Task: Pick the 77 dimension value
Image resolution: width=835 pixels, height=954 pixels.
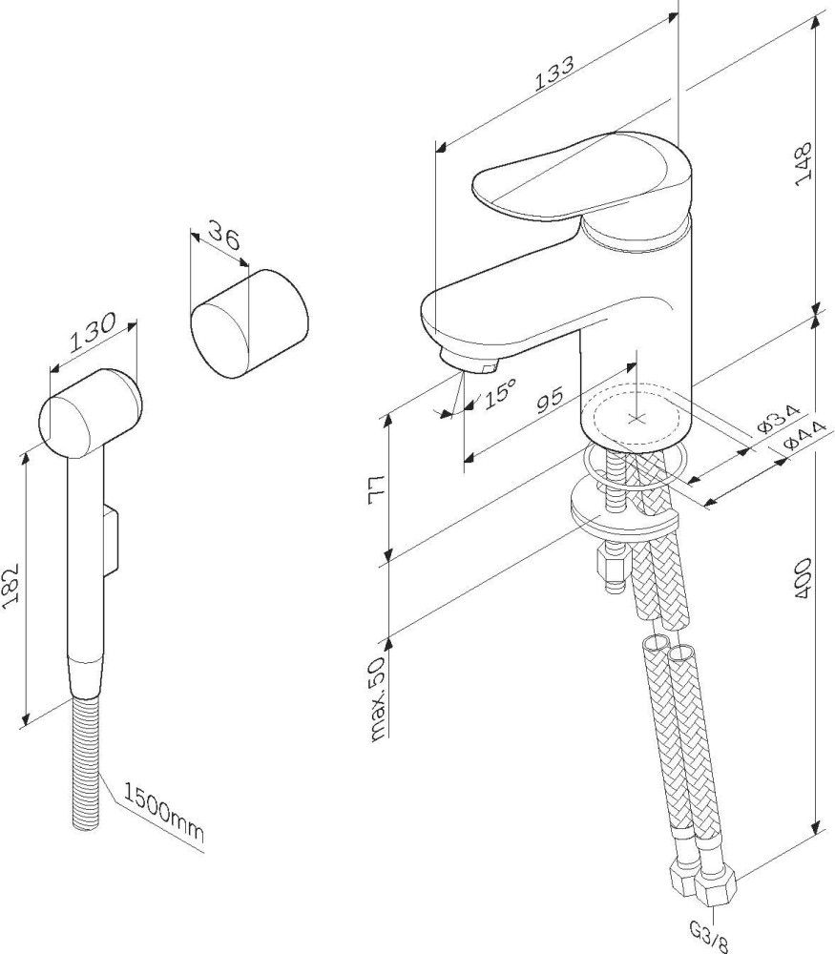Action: tap(378, 488)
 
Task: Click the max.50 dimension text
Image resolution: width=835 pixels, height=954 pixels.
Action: tap(379, 699)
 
